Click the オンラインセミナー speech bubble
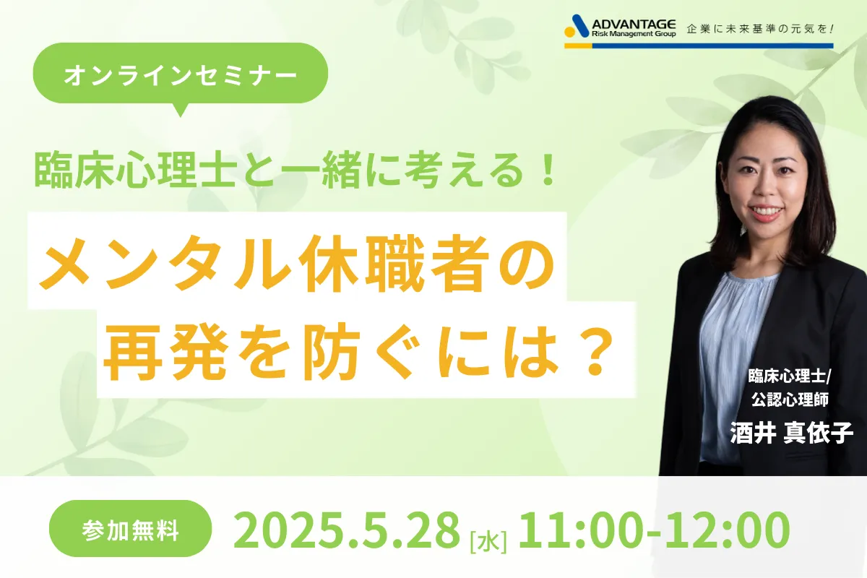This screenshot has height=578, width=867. coord(181,73)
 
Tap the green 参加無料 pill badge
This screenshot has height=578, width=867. coord(131,528)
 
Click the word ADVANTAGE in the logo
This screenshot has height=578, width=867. coord(634,25)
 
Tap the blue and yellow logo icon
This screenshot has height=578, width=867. coord(577,26)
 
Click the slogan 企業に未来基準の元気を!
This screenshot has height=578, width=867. coord(760,29)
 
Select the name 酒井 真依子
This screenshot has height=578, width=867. coord(792,433)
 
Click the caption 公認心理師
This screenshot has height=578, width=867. coord(790,400)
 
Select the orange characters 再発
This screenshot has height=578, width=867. coord(165,353)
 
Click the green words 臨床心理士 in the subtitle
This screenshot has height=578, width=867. coord(136,171)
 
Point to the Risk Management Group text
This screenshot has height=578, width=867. coord(634,34)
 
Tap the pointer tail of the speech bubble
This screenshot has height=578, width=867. coord(180,110)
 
